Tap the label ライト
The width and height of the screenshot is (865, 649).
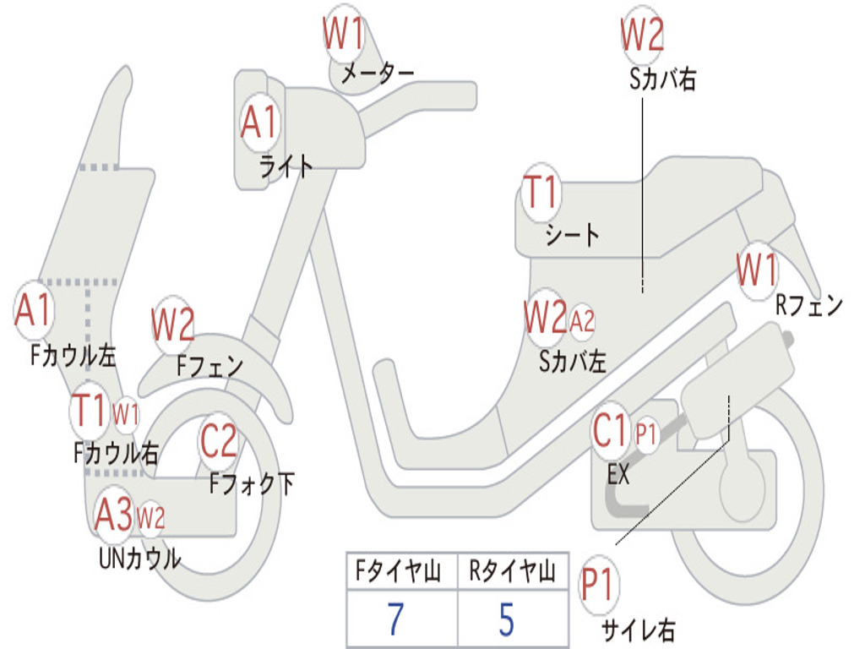286,166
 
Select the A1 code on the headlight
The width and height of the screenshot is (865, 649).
258,123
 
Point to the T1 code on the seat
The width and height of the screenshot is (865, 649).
541,193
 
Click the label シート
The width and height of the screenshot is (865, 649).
572,234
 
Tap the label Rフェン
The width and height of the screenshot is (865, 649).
809,306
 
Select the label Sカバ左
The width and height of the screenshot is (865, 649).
573,362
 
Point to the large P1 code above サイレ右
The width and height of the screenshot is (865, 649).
599,585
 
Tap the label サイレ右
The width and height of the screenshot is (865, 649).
638,630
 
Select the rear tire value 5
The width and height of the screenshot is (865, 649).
506,619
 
